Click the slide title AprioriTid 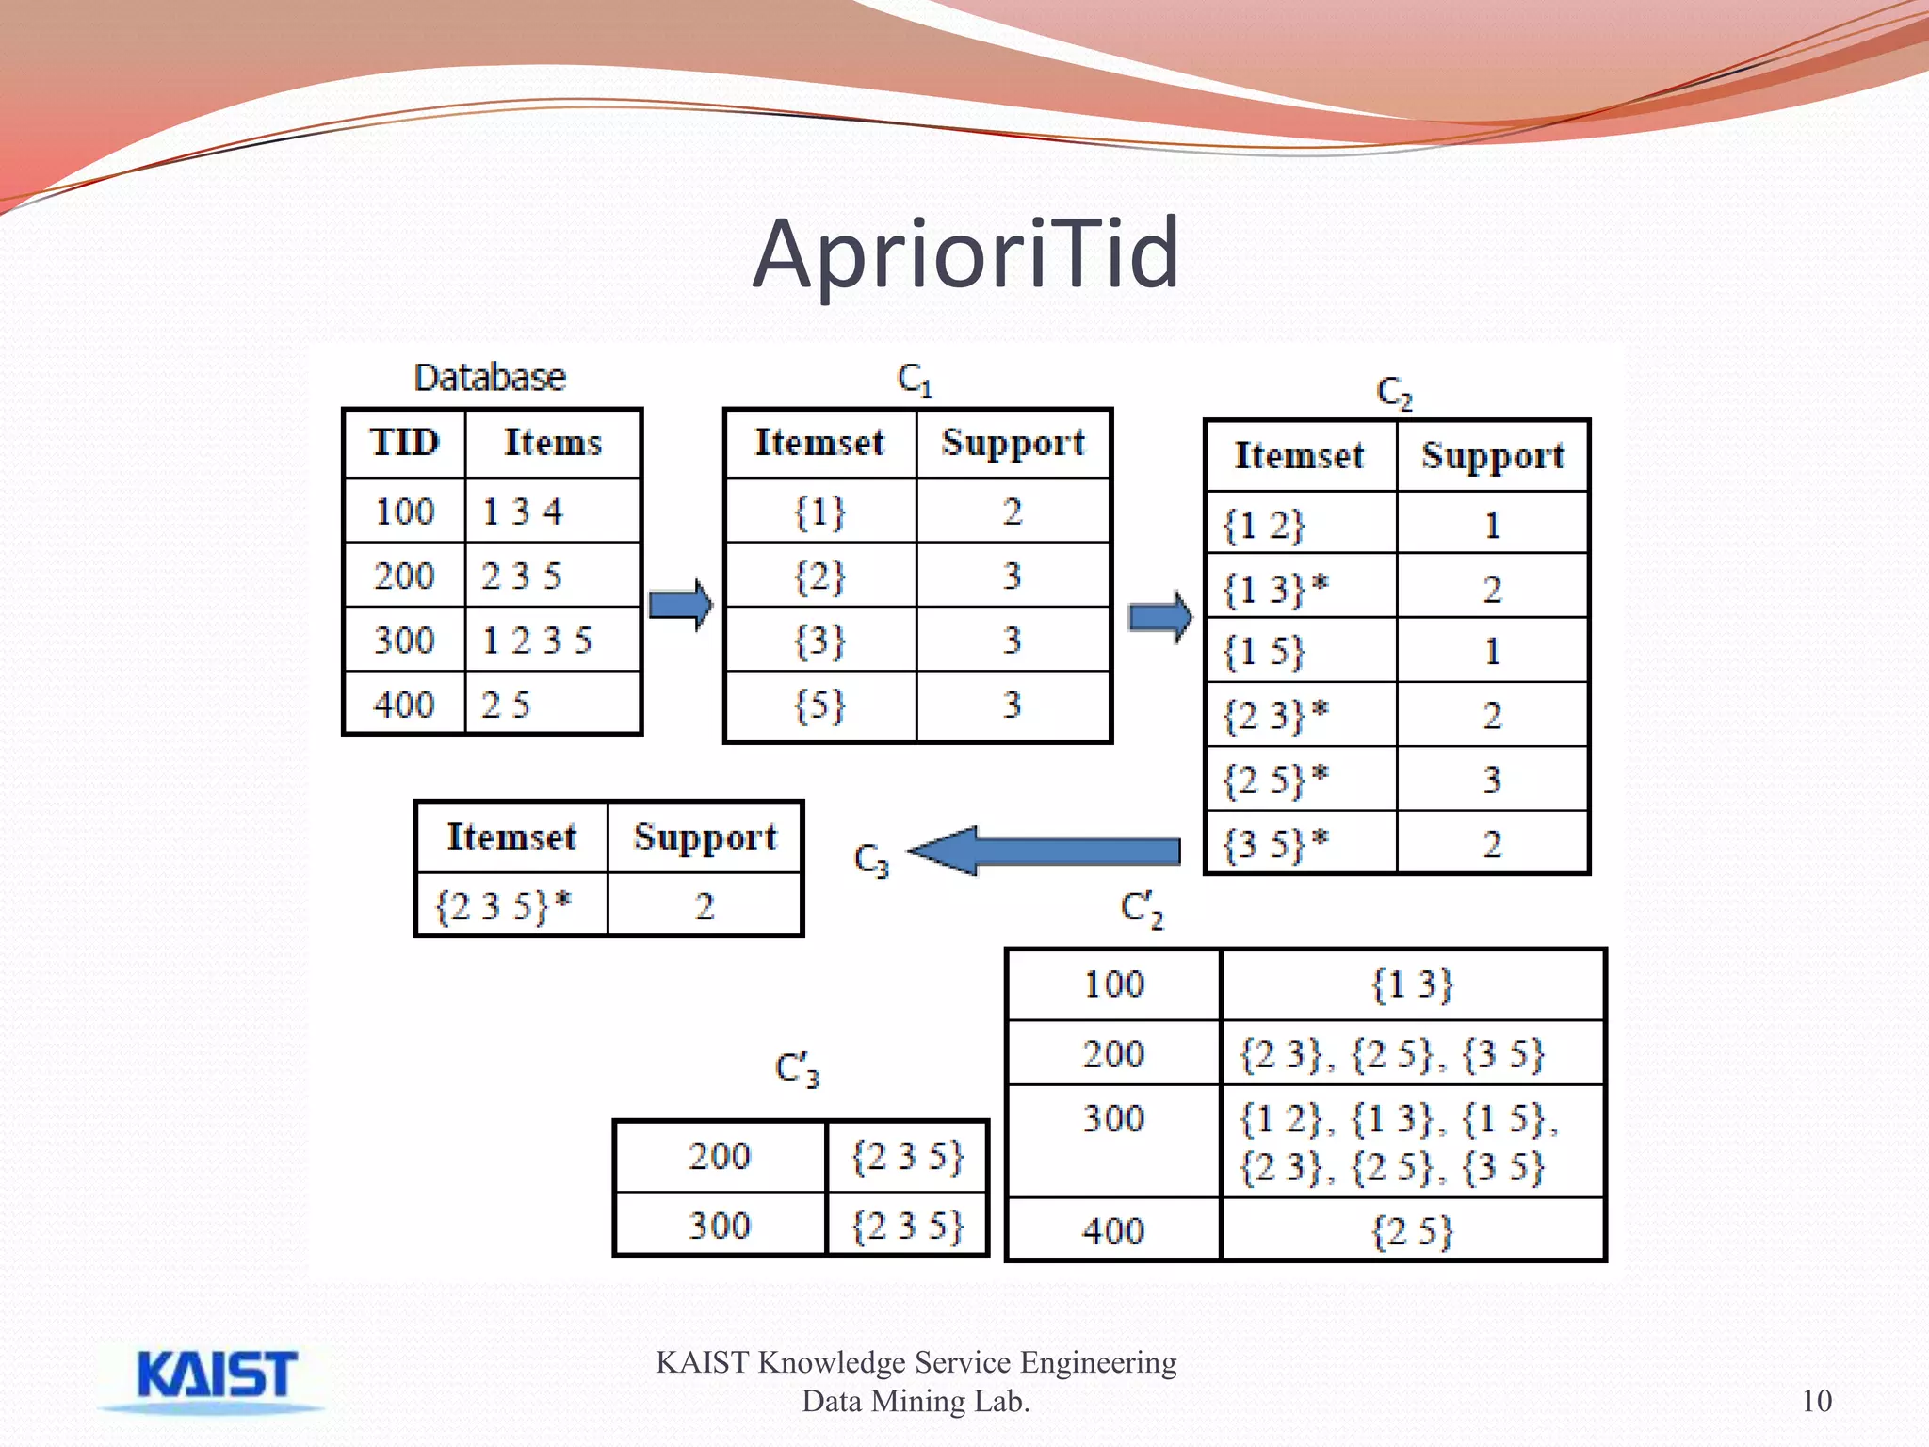(965, 253)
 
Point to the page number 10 (1816, 1401)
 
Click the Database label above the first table (490, 378)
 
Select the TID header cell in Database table (405, 443)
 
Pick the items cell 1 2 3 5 (537, 641)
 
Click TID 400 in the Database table (405, 705)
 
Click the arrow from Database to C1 (681, 605)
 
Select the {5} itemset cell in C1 (819, 705)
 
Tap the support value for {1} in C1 (1013, 512)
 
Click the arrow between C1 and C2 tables (1160, 617)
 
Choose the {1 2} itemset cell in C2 (1264, 526)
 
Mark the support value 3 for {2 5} (1492, 780)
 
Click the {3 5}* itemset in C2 (1274, 844)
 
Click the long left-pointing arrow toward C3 (1046, 851)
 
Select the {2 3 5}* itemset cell (503, 906)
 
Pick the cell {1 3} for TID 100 (1412, 985)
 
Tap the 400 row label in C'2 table (1113, 1231)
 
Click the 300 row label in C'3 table (720, 1226)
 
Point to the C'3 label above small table (797, 1069)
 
